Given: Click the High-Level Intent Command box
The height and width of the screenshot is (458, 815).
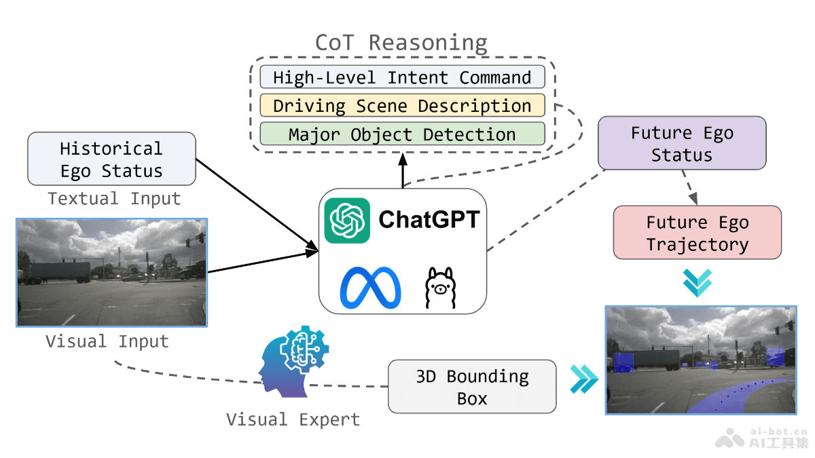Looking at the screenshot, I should coord(402,77).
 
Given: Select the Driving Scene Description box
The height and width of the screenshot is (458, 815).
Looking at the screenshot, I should coord(402,106).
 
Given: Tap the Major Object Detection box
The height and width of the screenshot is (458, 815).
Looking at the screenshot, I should coord(402,134).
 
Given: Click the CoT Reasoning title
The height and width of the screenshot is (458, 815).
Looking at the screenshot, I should coord(401,42).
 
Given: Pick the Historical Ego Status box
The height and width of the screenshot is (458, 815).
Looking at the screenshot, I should coord(111,159).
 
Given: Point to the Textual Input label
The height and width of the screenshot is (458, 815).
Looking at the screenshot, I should coord(114,199).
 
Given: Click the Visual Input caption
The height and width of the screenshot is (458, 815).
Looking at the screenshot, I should coord(107,341).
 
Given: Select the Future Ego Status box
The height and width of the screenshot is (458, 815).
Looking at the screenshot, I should coord(682,143).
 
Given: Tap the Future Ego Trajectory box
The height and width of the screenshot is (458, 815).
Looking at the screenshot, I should coord(697,233).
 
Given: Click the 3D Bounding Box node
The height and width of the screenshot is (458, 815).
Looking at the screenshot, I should coord(472,387).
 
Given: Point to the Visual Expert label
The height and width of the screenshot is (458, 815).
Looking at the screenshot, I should coord(293,419).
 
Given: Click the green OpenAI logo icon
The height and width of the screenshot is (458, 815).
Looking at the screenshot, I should coord(347,221).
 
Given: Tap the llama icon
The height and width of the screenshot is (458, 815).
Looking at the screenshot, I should coord(440,288).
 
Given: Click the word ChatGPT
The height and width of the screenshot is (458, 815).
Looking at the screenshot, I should coord(429,220).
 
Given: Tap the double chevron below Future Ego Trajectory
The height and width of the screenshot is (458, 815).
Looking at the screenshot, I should coord(698,283).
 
